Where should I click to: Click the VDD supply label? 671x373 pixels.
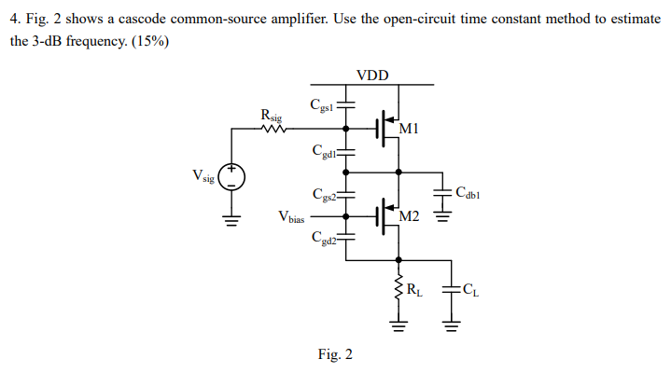pyautogui.click(x=373, y=75)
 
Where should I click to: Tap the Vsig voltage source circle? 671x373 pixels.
pyautogui.click(x=231, y=176)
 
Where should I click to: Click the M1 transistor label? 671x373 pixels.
pyautogui.click(x=407, y=128)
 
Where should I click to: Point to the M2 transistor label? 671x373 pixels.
pyautogui.click(x=407, y=217)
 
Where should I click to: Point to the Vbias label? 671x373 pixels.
pyautogui.click(x=291, y=217)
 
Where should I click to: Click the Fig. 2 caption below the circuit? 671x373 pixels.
pyautogui.click(x=335, y=354)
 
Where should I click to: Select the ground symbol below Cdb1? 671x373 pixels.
pyautogui.click(x=441, y=221)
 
